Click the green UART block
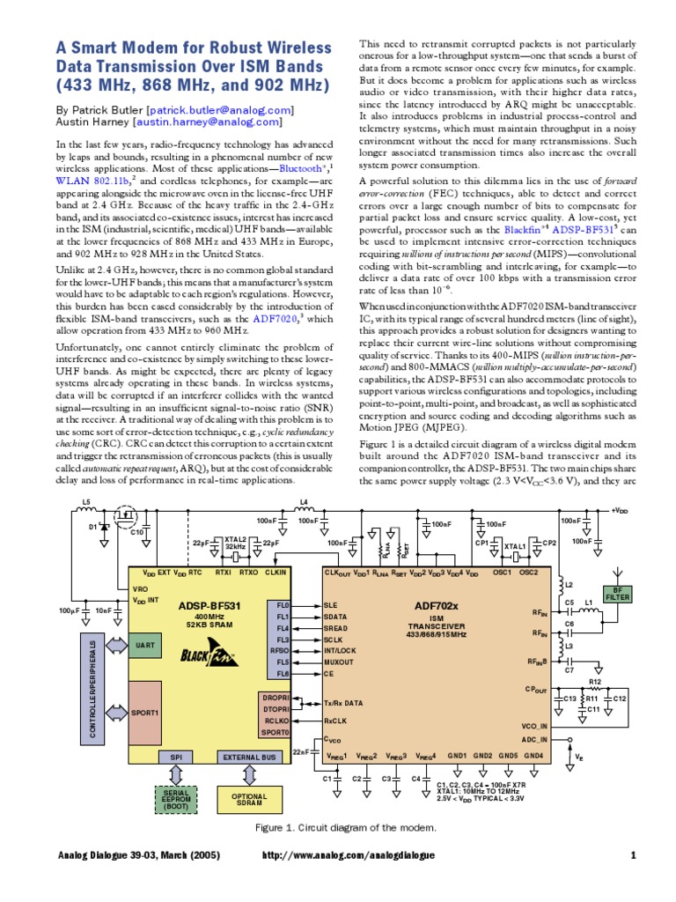pyautogui.click(x=145, y=646)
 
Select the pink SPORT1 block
pyautogui.click(x=145, y=711)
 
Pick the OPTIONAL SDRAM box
pyautogui.click(x=249, y=800)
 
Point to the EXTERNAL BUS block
pyautogui.click(x=249, y=757)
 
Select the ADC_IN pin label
pyautogui.click(x=534, y=739)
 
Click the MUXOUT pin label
pyautogui.click(x=339, y=660)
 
